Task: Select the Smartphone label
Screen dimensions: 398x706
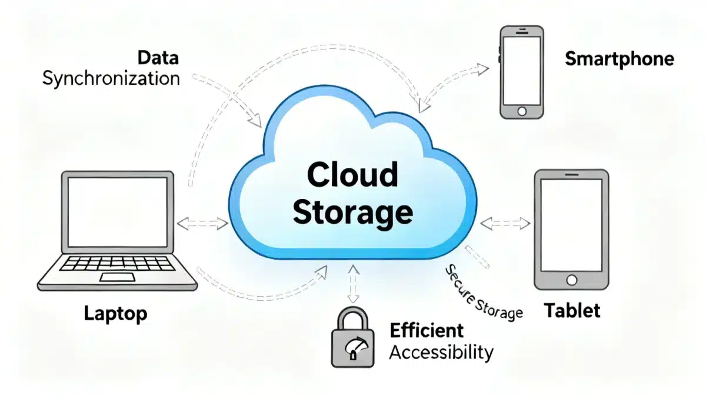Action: point(619,59)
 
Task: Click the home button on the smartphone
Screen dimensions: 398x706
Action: point(521,111)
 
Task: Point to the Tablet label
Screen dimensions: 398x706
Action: point(572,310)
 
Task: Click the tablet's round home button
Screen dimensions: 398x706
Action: point(570,280)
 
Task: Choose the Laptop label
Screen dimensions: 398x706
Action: point(115,313)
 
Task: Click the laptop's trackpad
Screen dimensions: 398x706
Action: point(115,277)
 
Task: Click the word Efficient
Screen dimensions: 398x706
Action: point(427,330)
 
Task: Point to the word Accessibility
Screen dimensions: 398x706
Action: point(441,353)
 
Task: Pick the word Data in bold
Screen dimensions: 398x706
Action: point(158,58)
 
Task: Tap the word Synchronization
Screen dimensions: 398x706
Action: point(111,78)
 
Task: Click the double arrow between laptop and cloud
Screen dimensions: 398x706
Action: point(202,223)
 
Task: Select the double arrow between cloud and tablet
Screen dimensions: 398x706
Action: point(505,223)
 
